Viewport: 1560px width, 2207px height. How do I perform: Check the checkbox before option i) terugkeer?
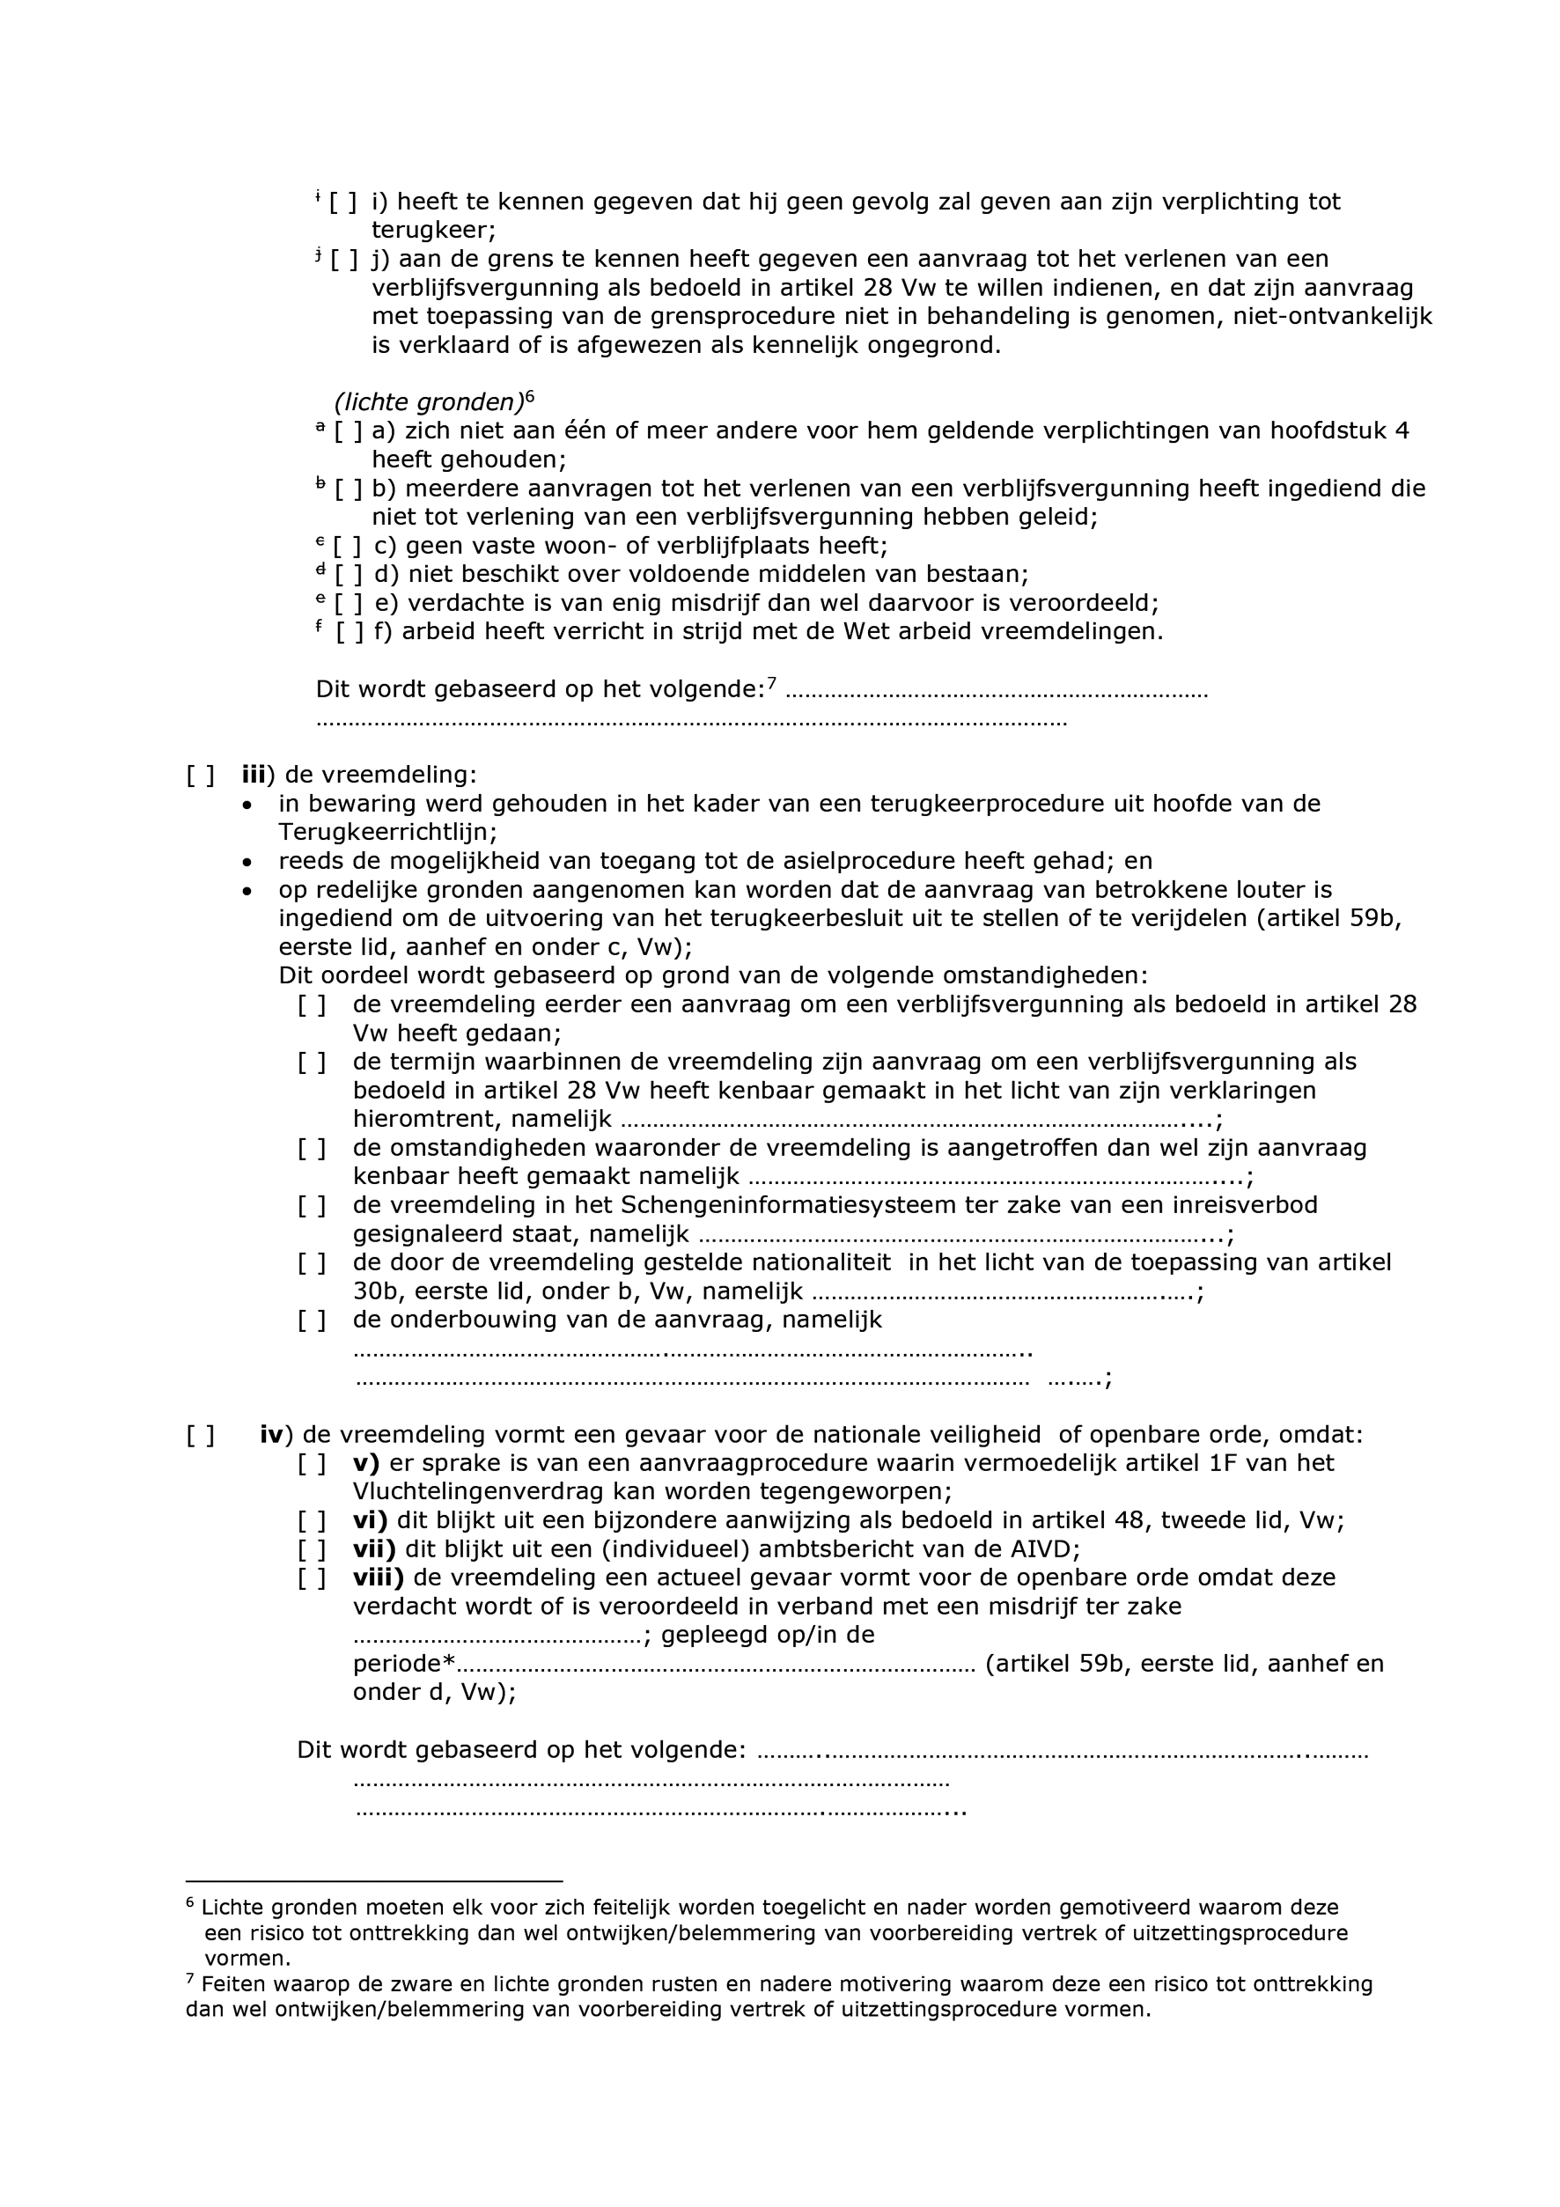pos(342,202)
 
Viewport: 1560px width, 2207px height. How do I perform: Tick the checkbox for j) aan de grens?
pos(343,260)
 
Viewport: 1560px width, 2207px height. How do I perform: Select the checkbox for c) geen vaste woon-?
pos(347,547)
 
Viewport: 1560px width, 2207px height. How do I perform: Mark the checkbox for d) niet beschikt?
pos(348,576)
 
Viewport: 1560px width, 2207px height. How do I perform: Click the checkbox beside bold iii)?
pos(200,776)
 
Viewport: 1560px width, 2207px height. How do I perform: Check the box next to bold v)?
pos(312,1464)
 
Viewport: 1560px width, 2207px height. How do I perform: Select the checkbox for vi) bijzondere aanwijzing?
pos(312,1520)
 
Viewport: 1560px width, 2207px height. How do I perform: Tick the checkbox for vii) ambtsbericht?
pos(312,1549)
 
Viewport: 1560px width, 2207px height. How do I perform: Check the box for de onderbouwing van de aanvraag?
pos(312,1321)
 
